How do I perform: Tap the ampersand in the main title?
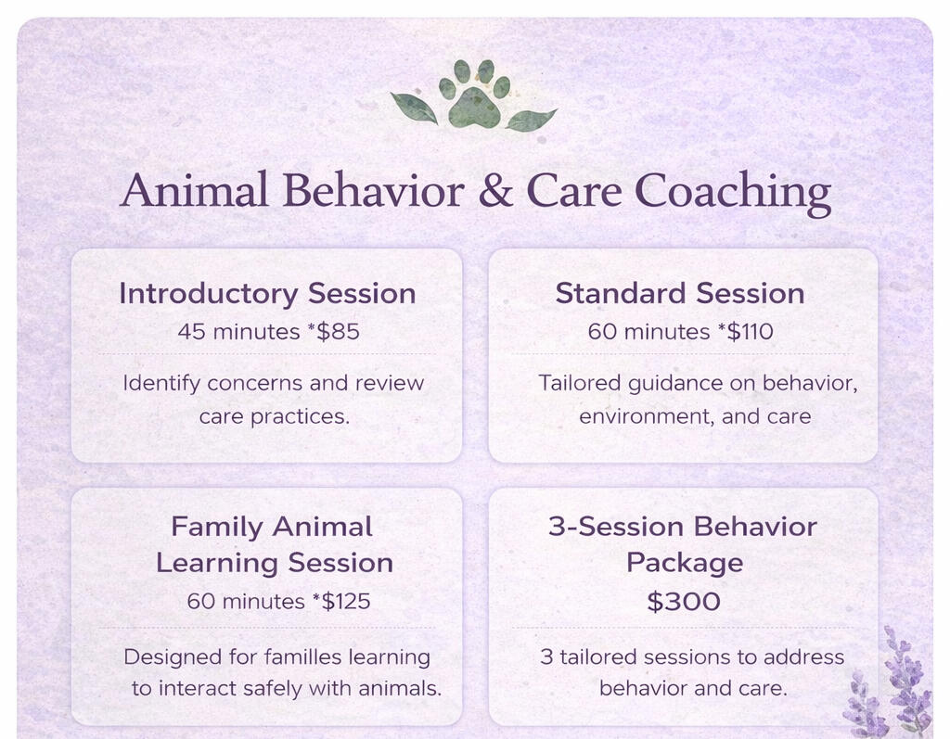(495, 191)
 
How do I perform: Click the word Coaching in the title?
(733, 194)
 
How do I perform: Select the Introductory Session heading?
(267, 294)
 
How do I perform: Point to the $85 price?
(338, 331)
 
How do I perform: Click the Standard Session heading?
(680, 293)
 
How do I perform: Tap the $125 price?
(345, 601)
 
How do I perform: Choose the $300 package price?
(684, 602)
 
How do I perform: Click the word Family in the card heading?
(217, 527)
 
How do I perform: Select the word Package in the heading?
(684, 564)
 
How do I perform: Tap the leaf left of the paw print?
(415, 108)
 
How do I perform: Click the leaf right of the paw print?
(530, 119)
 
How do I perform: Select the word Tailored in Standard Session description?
(580, 383)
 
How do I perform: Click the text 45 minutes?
(238, 331)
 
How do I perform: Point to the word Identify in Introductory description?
(161, 384)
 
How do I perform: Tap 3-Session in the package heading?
(616, 527)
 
